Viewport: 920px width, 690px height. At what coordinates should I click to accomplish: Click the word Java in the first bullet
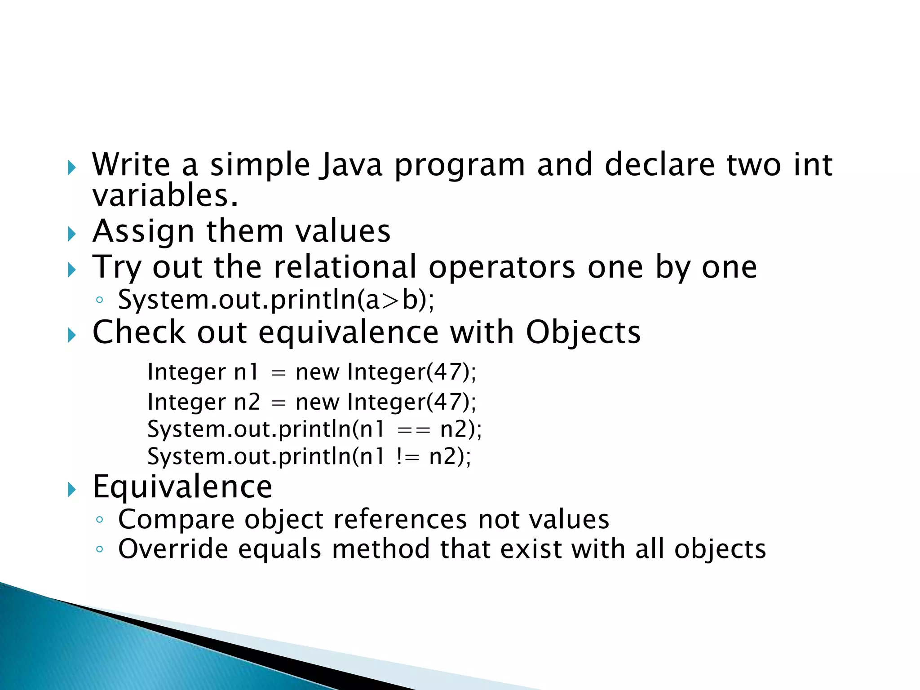[x=350, y=165]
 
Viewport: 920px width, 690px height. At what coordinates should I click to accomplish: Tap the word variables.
[x=165, y=196]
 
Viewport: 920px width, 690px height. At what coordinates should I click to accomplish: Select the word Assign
[x=143, y=232]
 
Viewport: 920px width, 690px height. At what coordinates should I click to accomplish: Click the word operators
[x=502, y=268]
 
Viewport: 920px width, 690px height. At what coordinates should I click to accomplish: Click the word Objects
[x=583, y=333]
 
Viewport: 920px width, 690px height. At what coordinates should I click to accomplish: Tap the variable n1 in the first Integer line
[x=246, y=372]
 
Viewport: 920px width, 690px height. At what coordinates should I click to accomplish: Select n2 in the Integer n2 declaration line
[x=247, y=402]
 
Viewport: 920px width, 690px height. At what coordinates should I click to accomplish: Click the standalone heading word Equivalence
[x=182, y=487]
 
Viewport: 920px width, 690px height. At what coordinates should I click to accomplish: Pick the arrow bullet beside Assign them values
[x=72, y=234]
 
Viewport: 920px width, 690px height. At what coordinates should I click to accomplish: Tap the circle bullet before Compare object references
[x=99, y=520]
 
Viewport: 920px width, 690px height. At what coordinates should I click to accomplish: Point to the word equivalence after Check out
[x=348, y=333]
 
